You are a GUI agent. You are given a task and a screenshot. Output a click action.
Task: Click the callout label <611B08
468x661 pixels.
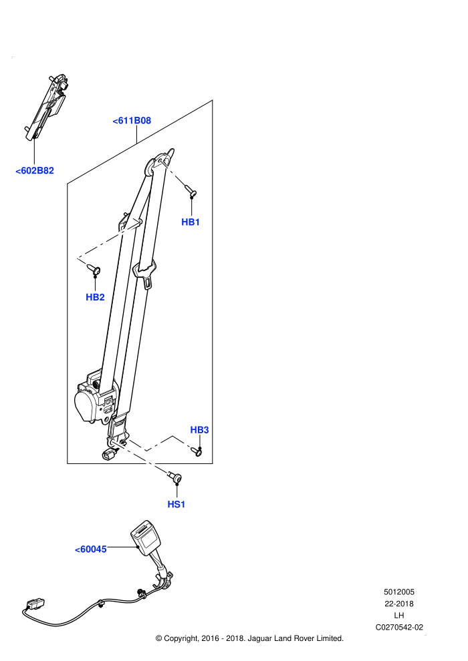coord(132,121)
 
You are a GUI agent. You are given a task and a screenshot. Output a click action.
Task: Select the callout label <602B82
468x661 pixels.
coord(35,171)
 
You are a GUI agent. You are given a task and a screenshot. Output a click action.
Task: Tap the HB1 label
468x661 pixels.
coord(191,222)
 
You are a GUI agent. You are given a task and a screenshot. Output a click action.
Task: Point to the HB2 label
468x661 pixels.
coord(95,297)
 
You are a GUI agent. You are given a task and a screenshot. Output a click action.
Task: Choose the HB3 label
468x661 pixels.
coord(200,430)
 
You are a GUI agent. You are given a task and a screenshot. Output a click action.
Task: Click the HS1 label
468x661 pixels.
coord(177,504)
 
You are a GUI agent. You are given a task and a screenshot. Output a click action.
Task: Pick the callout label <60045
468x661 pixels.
coord(91,549)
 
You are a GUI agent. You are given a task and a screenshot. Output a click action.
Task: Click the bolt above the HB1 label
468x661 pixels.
coord(191,190)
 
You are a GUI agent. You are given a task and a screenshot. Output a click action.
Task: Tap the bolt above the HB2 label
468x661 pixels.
coord(94,268)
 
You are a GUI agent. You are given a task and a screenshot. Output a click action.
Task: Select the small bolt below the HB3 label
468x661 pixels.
coord(197,451)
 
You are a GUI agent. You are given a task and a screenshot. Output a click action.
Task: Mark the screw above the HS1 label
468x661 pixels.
coord(175,477)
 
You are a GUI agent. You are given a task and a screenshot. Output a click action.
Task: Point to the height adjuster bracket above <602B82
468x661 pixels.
coord(46,107)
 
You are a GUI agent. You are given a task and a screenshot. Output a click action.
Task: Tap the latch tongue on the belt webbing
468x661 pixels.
coord(145,274)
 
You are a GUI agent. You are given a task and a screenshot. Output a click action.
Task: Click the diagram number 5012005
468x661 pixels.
coord(398,592)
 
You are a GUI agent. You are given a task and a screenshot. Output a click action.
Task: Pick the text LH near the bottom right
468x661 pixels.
coord(398,616)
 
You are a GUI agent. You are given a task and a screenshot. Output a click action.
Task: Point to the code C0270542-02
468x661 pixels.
coord(399,627)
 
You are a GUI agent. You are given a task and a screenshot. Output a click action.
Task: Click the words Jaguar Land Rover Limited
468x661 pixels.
coord(296,639)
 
